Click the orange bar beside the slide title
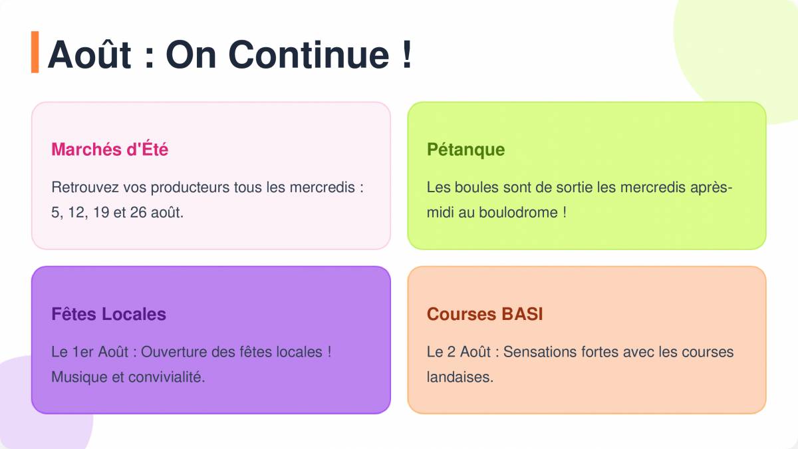point(35,52)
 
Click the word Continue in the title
point(309,55)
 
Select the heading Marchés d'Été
point(110,149)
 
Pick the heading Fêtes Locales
point(108,314)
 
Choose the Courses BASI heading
point(485,314)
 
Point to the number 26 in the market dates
point(138,212)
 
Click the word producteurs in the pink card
point(190,188)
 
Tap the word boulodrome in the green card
point(518,212)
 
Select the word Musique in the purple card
point(79,377)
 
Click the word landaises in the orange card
point(460,377)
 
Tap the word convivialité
point(166,377)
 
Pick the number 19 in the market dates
point(101,212)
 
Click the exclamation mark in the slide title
point(407,54)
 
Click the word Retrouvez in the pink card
point(85,188)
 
